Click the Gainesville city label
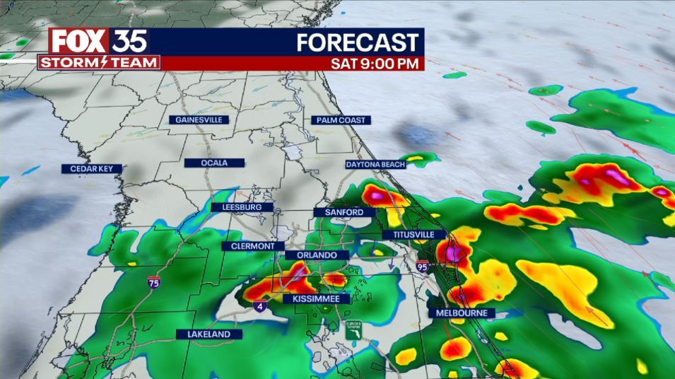pos(199,120)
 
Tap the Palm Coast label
pos(341,120)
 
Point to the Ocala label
pos(214,163)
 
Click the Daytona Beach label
pos(375,165)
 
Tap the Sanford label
pos(344,212)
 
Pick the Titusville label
pos(413,235)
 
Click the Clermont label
pos(252,246)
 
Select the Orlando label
pos(317,255)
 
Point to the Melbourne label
pos(462,313)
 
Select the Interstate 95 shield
pos(422,267)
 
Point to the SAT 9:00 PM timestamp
pos(376,64)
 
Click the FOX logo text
pos(78,41)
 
